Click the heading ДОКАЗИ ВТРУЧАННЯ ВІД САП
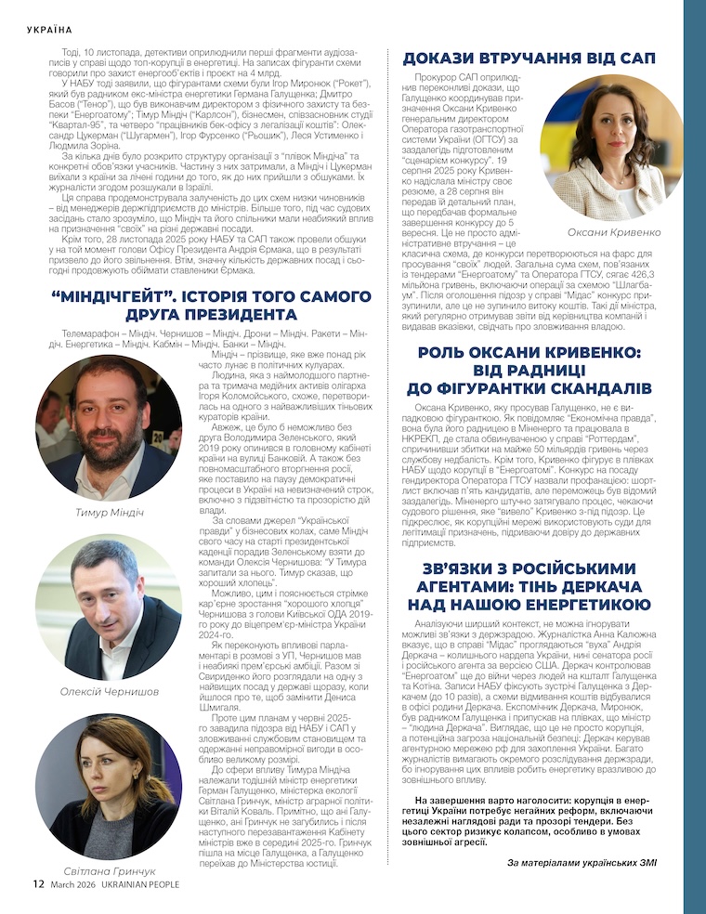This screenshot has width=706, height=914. (529, 59)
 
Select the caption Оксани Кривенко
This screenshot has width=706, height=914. (603, 233)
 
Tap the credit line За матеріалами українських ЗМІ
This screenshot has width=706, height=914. (582, 863)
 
